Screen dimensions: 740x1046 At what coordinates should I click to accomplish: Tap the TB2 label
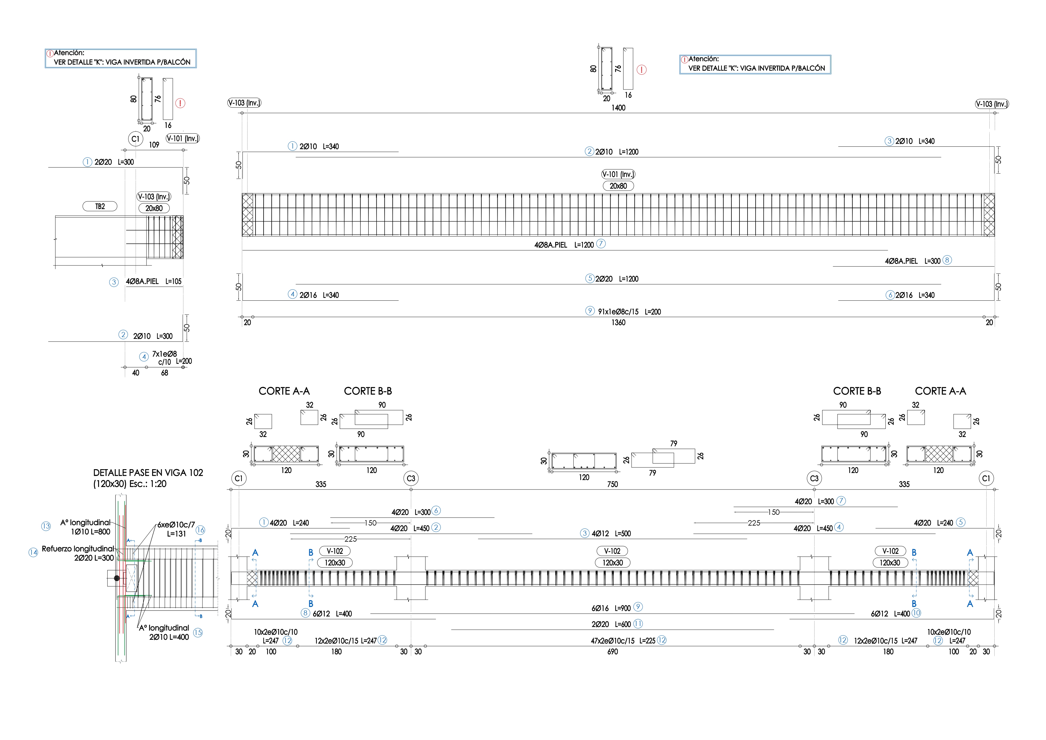pos(100,206)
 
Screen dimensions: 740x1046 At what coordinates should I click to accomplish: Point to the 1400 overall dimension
pos(618,108)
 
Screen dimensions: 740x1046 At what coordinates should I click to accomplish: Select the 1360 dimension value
pos(618,323)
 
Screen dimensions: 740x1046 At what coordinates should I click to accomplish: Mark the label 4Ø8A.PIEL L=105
pos(154,282)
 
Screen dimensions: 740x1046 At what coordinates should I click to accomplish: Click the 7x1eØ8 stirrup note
pos(165,354)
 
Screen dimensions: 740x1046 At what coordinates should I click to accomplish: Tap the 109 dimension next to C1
pos(154,145)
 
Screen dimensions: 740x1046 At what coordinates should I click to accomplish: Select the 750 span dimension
pos(612,484)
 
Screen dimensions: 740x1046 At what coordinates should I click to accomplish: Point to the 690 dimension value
pos(612,652)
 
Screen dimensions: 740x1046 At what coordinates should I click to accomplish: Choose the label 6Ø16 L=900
pos(611,608)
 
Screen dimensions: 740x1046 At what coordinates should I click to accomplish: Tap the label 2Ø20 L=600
pos(611,625)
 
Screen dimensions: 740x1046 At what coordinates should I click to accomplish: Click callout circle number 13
pos(46,526)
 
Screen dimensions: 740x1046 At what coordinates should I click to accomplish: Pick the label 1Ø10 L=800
pos(90,532)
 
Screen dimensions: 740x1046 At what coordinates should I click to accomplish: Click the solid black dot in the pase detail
pos(117,578)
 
